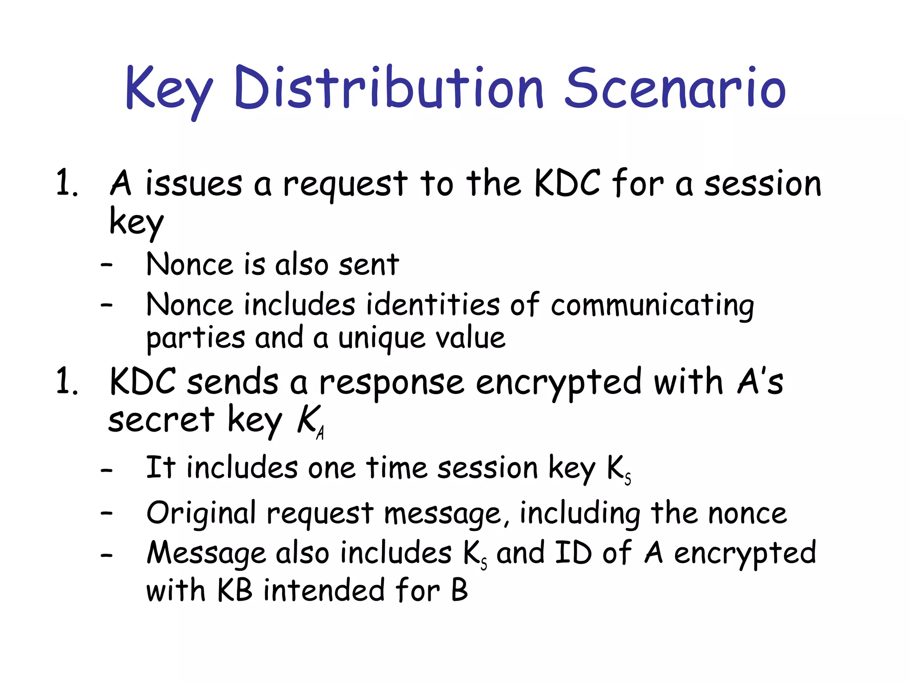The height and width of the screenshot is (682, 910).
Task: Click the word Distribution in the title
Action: click(x=389, y=87)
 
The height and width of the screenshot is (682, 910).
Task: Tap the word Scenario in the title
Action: click(x=675, y=87)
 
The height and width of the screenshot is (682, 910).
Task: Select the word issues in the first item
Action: click(x=194, y=183)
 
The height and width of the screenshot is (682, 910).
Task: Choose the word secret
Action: click(x=161, y=420)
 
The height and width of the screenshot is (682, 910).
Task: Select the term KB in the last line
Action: click(x=235, y=591)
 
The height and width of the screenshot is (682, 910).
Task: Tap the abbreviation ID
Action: click(x=573, y=553)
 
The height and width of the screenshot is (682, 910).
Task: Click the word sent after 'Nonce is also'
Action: click(x=368, y=265)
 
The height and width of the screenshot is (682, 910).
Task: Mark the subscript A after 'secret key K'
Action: click(x=320, y=432)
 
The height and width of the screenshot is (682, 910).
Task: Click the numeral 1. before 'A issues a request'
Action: click(x=67, y=183)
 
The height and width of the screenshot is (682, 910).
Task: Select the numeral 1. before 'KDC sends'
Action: click(x=67, y=382)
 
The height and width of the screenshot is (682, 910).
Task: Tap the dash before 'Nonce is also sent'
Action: click(x=107, y=266)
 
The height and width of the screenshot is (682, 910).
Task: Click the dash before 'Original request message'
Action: click(x=107, y=513)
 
